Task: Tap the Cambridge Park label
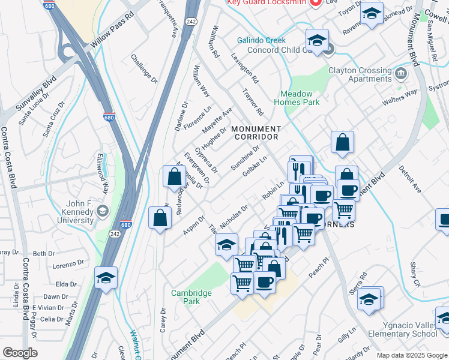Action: pyautogui.click(x=191, y=296)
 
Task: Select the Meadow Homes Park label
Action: pyautogui.click(x=297, y=98)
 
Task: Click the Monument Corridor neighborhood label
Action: pyautogui.click(x=256, y=133)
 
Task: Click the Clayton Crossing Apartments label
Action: pyautogui.click(x=360, y=74)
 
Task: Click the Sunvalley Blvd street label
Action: pyautogui.click(x=37, y=94)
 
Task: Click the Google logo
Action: pyautogui.click(x=20, y=353)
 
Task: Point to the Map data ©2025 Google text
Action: pyautogui.click(x=411, y=355)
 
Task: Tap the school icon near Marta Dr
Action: pyautogui.click(x=106, y=278)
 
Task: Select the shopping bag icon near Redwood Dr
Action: pyautogui.click(x=174, y=176)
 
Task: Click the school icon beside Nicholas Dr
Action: pyautogui.click(x=226, y=244)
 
